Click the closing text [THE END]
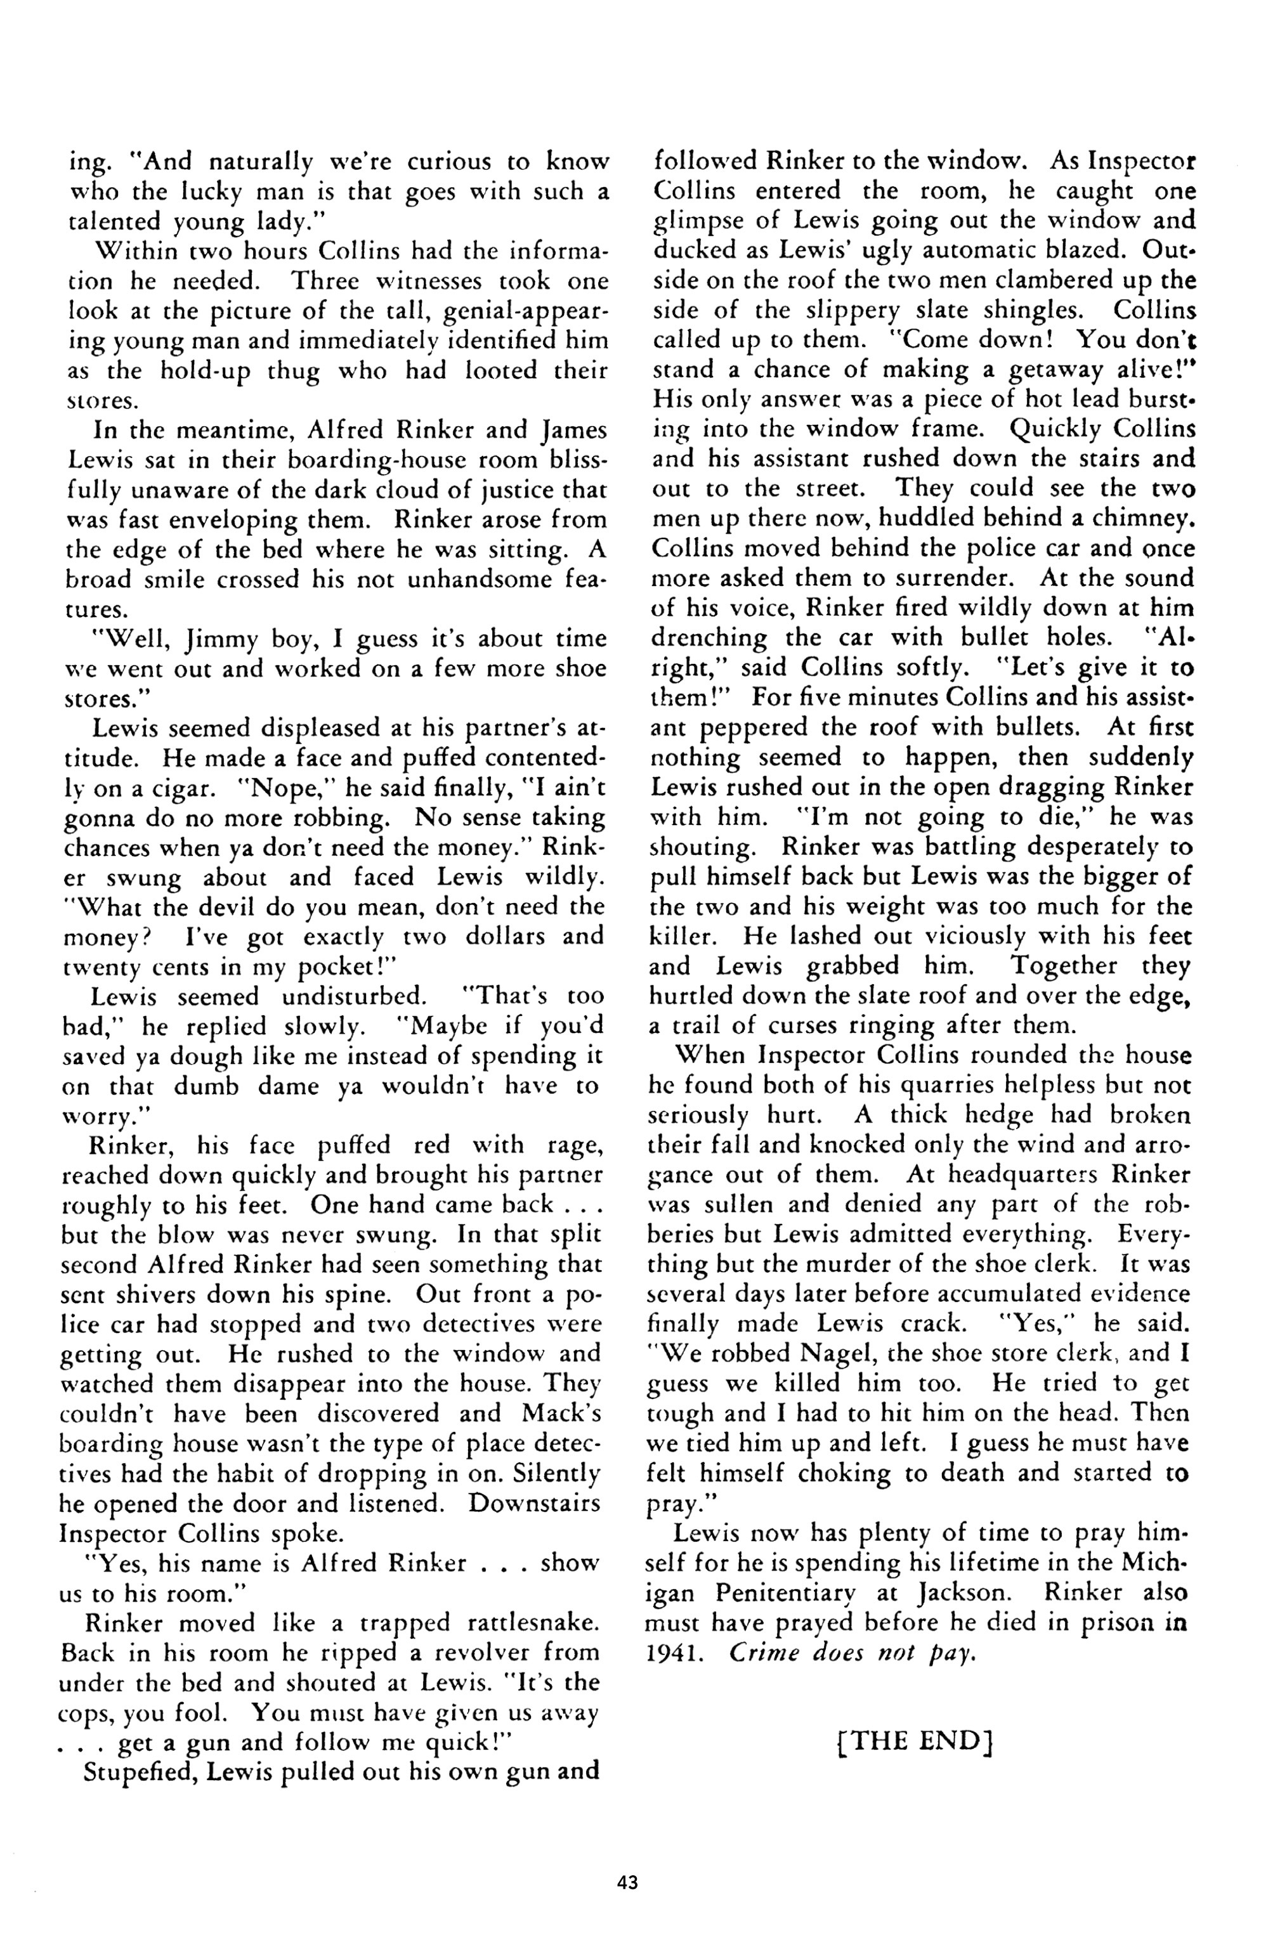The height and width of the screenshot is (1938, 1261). (914, 1741)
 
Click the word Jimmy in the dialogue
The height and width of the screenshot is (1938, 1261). (215, 639)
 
